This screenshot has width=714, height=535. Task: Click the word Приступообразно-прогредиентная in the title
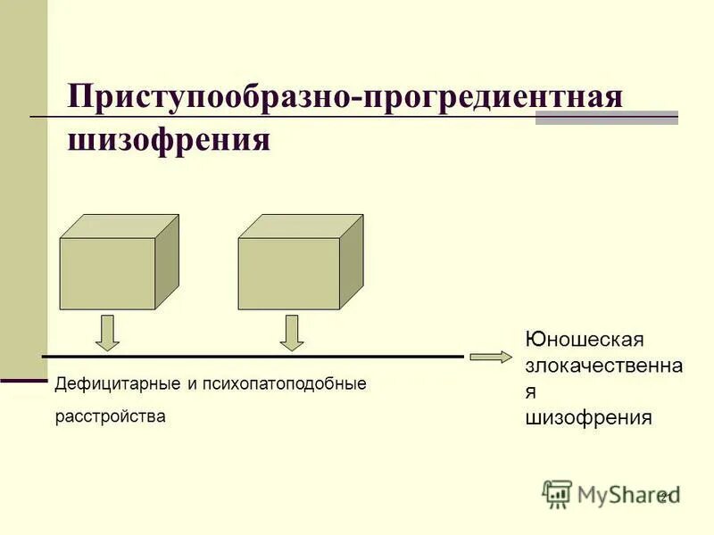(345, 96)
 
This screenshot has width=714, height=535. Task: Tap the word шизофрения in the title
(169, 141)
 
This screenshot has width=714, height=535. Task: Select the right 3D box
(289, 274)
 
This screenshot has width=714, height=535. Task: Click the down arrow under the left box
(107, 333)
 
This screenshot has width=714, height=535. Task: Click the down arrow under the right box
(291, 333)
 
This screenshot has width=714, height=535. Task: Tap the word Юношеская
(585, 341)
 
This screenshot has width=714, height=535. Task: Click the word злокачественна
(604, 366)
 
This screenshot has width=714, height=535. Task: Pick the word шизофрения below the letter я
(588, 417)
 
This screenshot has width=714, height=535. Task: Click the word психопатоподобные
(286, 384)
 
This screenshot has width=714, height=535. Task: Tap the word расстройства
(111, 416)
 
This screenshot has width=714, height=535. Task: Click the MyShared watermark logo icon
(557, 494)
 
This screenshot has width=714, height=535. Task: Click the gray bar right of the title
(607, 117)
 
